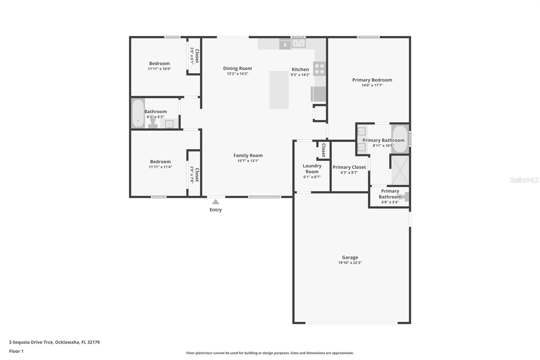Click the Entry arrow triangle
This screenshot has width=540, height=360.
216,202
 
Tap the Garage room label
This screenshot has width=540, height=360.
350,257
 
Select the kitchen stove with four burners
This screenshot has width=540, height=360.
319,69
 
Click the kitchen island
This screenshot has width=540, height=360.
279,89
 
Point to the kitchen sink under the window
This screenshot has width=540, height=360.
298,43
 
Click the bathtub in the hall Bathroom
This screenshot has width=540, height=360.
138,113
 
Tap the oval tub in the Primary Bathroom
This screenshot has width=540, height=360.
400,139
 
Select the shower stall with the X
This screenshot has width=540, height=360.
400,170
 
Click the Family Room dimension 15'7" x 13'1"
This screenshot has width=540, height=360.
248,161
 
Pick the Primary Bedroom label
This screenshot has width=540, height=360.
372,80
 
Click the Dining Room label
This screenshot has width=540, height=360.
237,68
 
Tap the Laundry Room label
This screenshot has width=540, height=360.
312,169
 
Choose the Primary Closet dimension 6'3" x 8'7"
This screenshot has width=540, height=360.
349,173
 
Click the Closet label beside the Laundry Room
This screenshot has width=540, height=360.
323,150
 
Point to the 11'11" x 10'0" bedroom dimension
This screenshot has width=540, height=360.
159,69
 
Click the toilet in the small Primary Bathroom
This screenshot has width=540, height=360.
405,197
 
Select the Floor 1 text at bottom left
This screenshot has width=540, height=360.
16,351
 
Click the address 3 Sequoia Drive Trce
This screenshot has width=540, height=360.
54,342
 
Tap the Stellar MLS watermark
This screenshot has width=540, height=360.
524,180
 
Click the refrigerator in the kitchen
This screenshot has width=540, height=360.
319,94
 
